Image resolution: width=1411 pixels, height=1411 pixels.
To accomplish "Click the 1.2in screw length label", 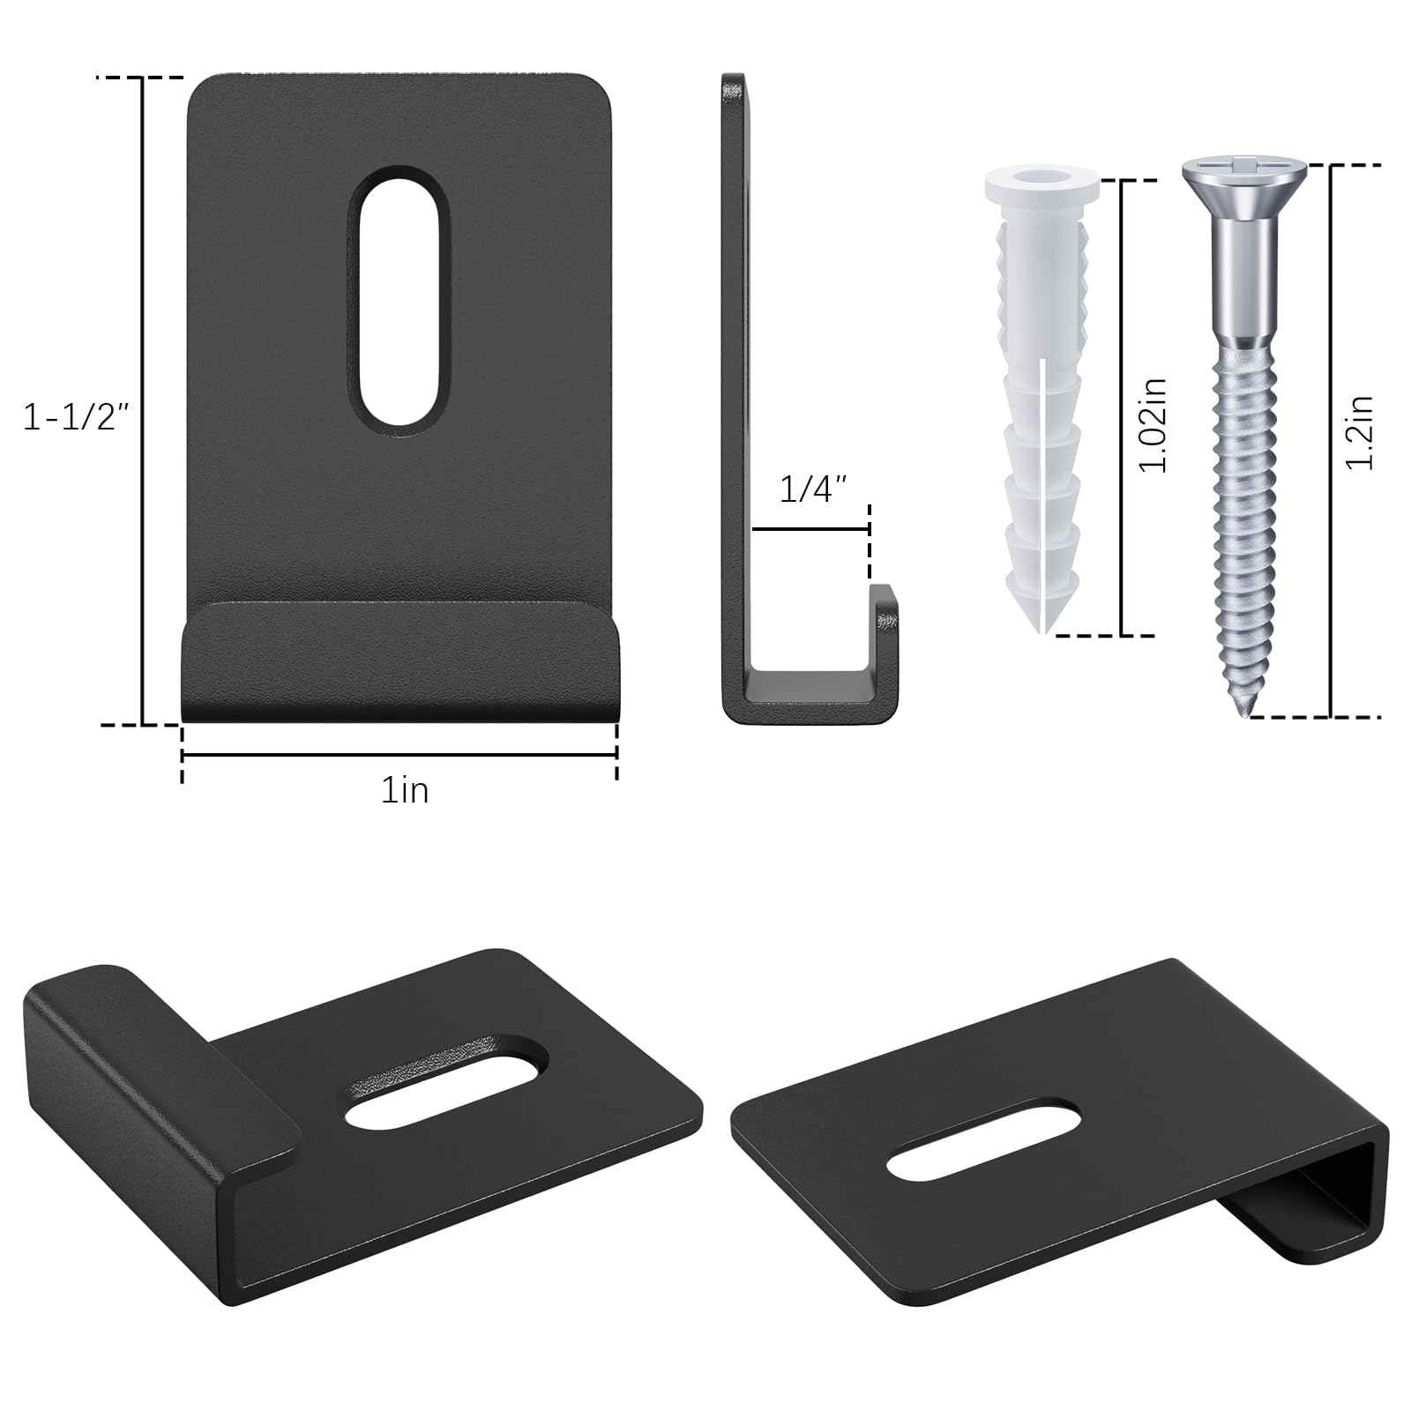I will (1361, 431).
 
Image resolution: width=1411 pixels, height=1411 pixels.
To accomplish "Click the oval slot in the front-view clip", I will (405, 301).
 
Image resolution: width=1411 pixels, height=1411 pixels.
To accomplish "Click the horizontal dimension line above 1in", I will (399, 755).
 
